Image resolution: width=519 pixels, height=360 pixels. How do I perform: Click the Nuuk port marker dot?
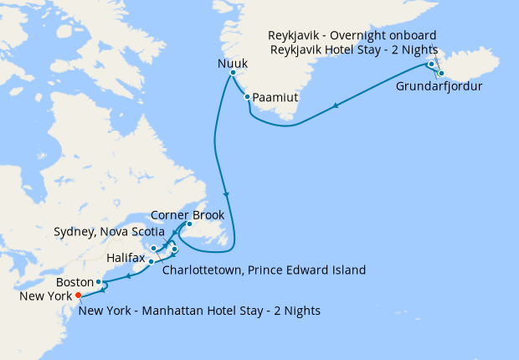[233, 74]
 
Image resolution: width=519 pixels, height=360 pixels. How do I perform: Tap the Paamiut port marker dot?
[247, 97]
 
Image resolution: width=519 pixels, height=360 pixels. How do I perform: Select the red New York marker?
[78, 296]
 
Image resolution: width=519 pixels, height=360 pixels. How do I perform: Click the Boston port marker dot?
[99, 282]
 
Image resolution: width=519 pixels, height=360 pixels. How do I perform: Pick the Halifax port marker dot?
[151, 262]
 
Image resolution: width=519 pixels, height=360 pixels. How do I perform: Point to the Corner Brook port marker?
[189, 224]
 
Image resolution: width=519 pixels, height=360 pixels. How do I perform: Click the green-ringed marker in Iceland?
[441, 74]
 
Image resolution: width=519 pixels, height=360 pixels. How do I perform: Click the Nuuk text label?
[233, 61]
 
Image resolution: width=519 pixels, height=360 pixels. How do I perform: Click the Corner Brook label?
[188, 214]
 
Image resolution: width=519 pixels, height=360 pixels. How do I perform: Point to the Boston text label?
[75, 282]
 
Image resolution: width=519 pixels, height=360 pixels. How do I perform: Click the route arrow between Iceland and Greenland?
[336, 105]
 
